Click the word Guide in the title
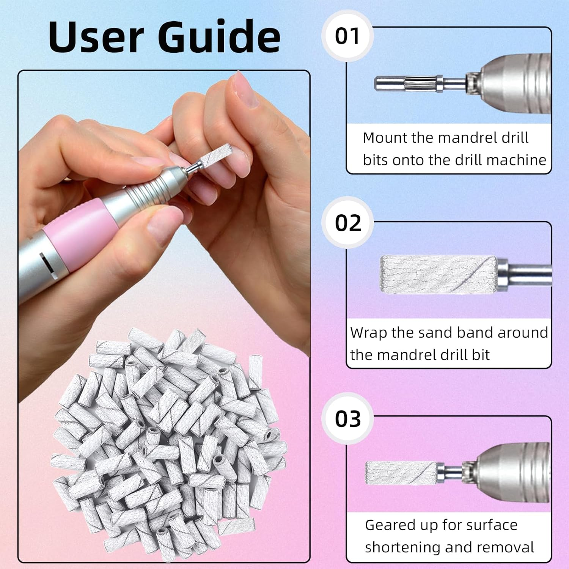coord(219,37)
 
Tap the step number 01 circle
coord(347,36)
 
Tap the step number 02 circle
coord(347,223)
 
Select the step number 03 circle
coord(347,419)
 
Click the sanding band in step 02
coord(438,274)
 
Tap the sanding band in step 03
coord(400,473)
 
